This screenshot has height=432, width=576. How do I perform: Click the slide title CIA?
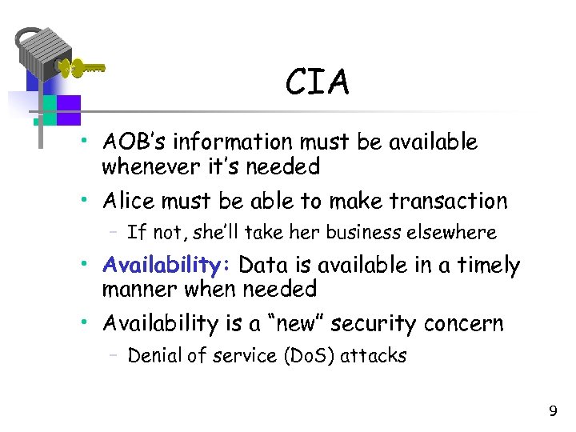[x=318, y=82]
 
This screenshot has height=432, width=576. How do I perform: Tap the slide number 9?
[x=552, y=411]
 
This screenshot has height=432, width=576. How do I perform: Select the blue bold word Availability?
[x=167, y=265]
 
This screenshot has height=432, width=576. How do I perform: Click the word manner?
[x=135, y=289]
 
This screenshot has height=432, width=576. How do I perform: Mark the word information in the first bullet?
[x=226, y=142]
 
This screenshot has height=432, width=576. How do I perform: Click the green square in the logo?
[x=50, y=110]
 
